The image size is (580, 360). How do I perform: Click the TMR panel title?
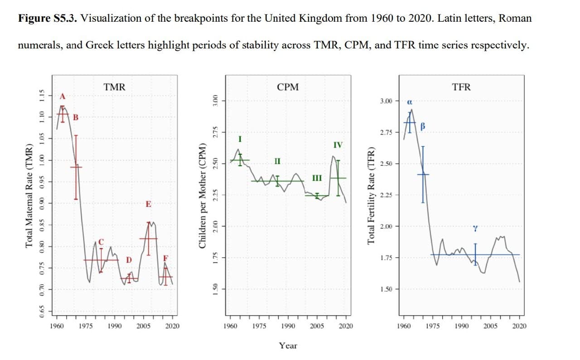(x=114, y=87)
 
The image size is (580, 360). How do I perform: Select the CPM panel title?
(x=288, y=87)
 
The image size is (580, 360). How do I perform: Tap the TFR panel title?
(x=461, y=87)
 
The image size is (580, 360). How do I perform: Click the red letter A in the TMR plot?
(x=63, y=96)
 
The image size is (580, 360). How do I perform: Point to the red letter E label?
(x=148, y=205)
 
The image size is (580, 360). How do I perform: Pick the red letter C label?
(x=101, y=241)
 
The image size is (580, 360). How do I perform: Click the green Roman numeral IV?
(x=338, y=145)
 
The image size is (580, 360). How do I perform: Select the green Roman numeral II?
(x=277, y=161)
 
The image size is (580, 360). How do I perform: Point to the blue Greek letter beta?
(x=424, y=125)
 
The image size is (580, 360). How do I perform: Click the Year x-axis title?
(x=288, y=346)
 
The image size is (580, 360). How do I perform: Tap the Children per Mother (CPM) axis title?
(x=202, y=196)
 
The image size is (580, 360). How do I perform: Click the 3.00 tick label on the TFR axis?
(x=387, y=101)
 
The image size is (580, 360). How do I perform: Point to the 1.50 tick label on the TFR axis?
(x=387, y=289)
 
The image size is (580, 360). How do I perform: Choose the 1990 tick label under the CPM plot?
(x=288, y=326)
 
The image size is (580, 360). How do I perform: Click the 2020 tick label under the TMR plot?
(x=172, y=326)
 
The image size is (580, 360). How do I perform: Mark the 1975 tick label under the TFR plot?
(x=432, y=326)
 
